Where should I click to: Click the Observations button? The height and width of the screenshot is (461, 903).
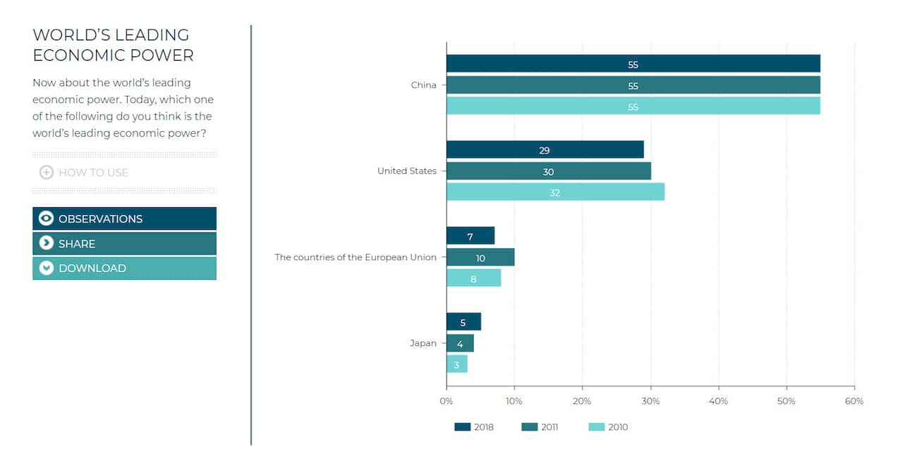click(x=124, y=219)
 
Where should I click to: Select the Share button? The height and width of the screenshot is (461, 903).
click(x=124, y=243)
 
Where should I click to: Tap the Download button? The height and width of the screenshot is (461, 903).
click(x=124, y=268)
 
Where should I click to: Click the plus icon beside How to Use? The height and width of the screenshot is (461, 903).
click(x=47, y=172)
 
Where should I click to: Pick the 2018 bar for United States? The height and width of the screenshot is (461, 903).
click(x=545, y=150)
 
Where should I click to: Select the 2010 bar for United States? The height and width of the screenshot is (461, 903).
click(x=555, y=192)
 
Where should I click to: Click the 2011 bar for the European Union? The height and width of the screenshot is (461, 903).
click(x=480, y=258)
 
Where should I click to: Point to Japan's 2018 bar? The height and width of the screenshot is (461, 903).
click(x=463, y=323)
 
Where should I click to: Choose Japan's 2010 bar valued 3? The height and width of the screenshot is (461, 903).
click(x=456, y=365)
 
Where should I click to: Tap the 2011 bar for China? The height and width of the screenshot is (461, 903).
click(x=633, y=86)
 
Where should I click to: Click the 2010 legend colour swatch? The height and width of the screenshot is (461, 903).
click(x=596, y=426)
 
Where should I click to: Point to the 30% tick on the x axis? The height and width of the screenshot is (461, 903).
click(x=650, y=401)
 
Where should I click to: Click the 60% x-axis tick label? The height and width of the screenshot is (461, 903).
click(x=854, y=401)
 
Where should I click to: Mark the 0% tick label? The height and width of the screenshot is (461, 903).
click(x=446, y=401)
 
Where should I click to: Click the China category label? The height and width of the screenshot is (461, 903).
click(x=423, y=85)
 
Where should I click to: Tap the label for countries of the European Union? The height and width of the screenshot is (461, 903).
click(x=355, y=257)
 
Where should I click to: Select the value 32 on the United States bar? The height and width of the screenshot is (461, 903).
click(x=554, y=192)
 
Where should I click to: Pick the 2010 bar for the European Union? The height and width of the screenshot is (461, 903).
click(x=473, y=278)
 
